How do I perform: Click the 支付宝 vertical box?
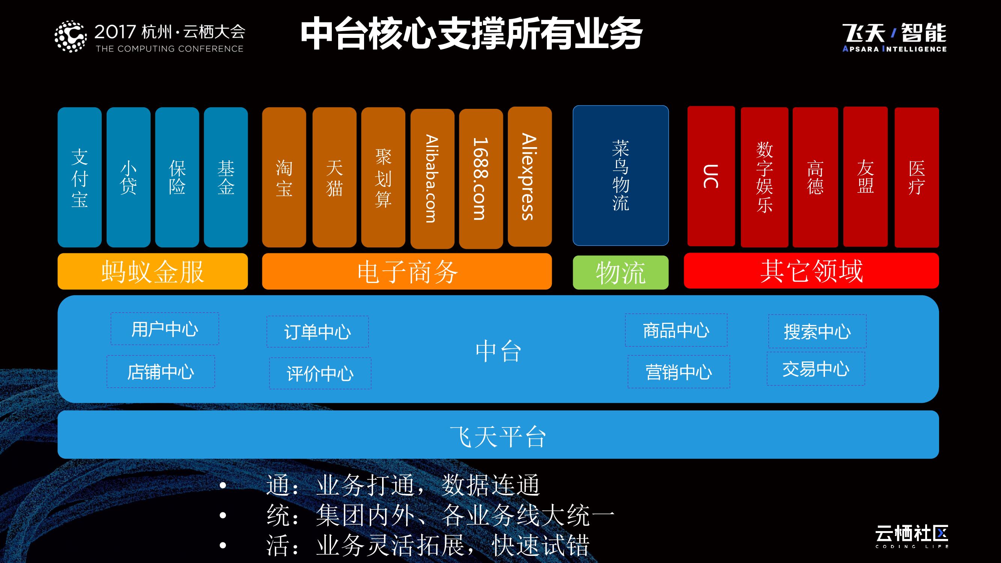[x=80, y=177]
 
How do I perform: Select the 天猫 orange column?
[x=334, y=177]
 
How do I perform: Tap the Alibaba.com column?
[x=432, y=178]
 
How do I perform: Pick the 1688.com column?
[x=481, y=178]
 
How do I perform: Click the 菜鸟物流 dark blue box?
[x=620, y=176]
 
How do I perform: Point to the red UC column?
[x=711, y=176]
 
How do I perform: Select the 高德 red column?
[x=815, y=177]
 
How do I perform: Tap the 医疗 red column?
[x=916, y=177]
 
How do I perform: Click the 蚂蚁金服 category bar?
[x=152, y=271]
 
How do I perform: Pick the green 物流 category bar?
[x=620, y=272]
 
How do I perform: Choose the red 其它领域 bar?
[x=811, y=270]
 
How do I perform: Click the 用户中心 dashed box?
[x=165, y=329]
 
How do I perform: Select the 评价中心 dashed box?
[x=320, y=373]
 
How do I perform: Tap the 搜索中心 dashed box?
[x=817, y=331]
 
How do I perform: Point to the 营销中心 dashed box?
[x=679, y=372]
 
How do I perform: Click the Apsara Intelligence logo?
[x=894, y=37]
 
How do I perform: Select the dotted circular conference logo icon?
[x=70, y=36]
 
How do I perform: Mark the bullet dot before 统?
[x=223, y=515]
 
